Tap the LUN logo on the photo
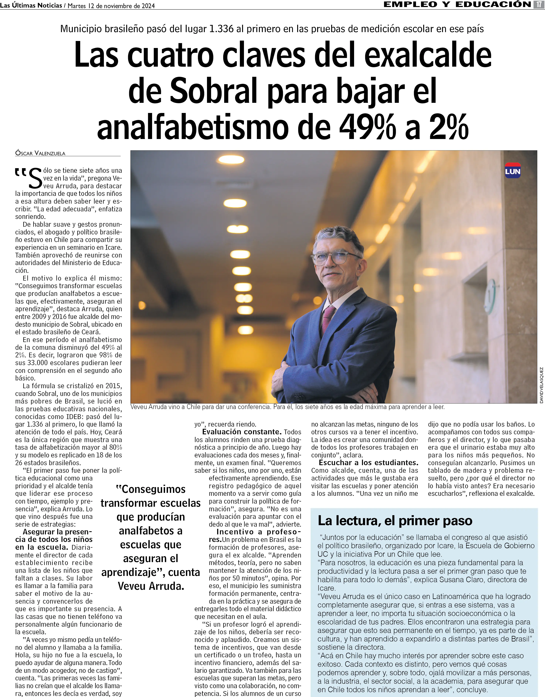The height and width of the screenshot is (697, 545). (x=512, y=171)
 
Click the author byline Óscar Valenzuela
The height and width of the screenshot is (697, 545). (x=40, y=153)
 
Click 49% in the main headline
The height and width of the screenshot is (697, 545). (x=367, y=127)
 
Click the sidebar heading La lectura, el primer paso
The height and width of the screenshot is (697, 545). (x=395, y=521)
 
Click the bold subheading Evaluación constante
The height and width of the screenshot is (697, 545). (x=242, y=432)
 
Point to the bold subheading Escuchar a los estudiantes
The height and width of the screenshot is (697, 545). (x=368, y=462)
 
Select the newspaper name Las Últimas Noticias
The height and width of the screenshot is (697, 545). (x=31, y=5)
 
